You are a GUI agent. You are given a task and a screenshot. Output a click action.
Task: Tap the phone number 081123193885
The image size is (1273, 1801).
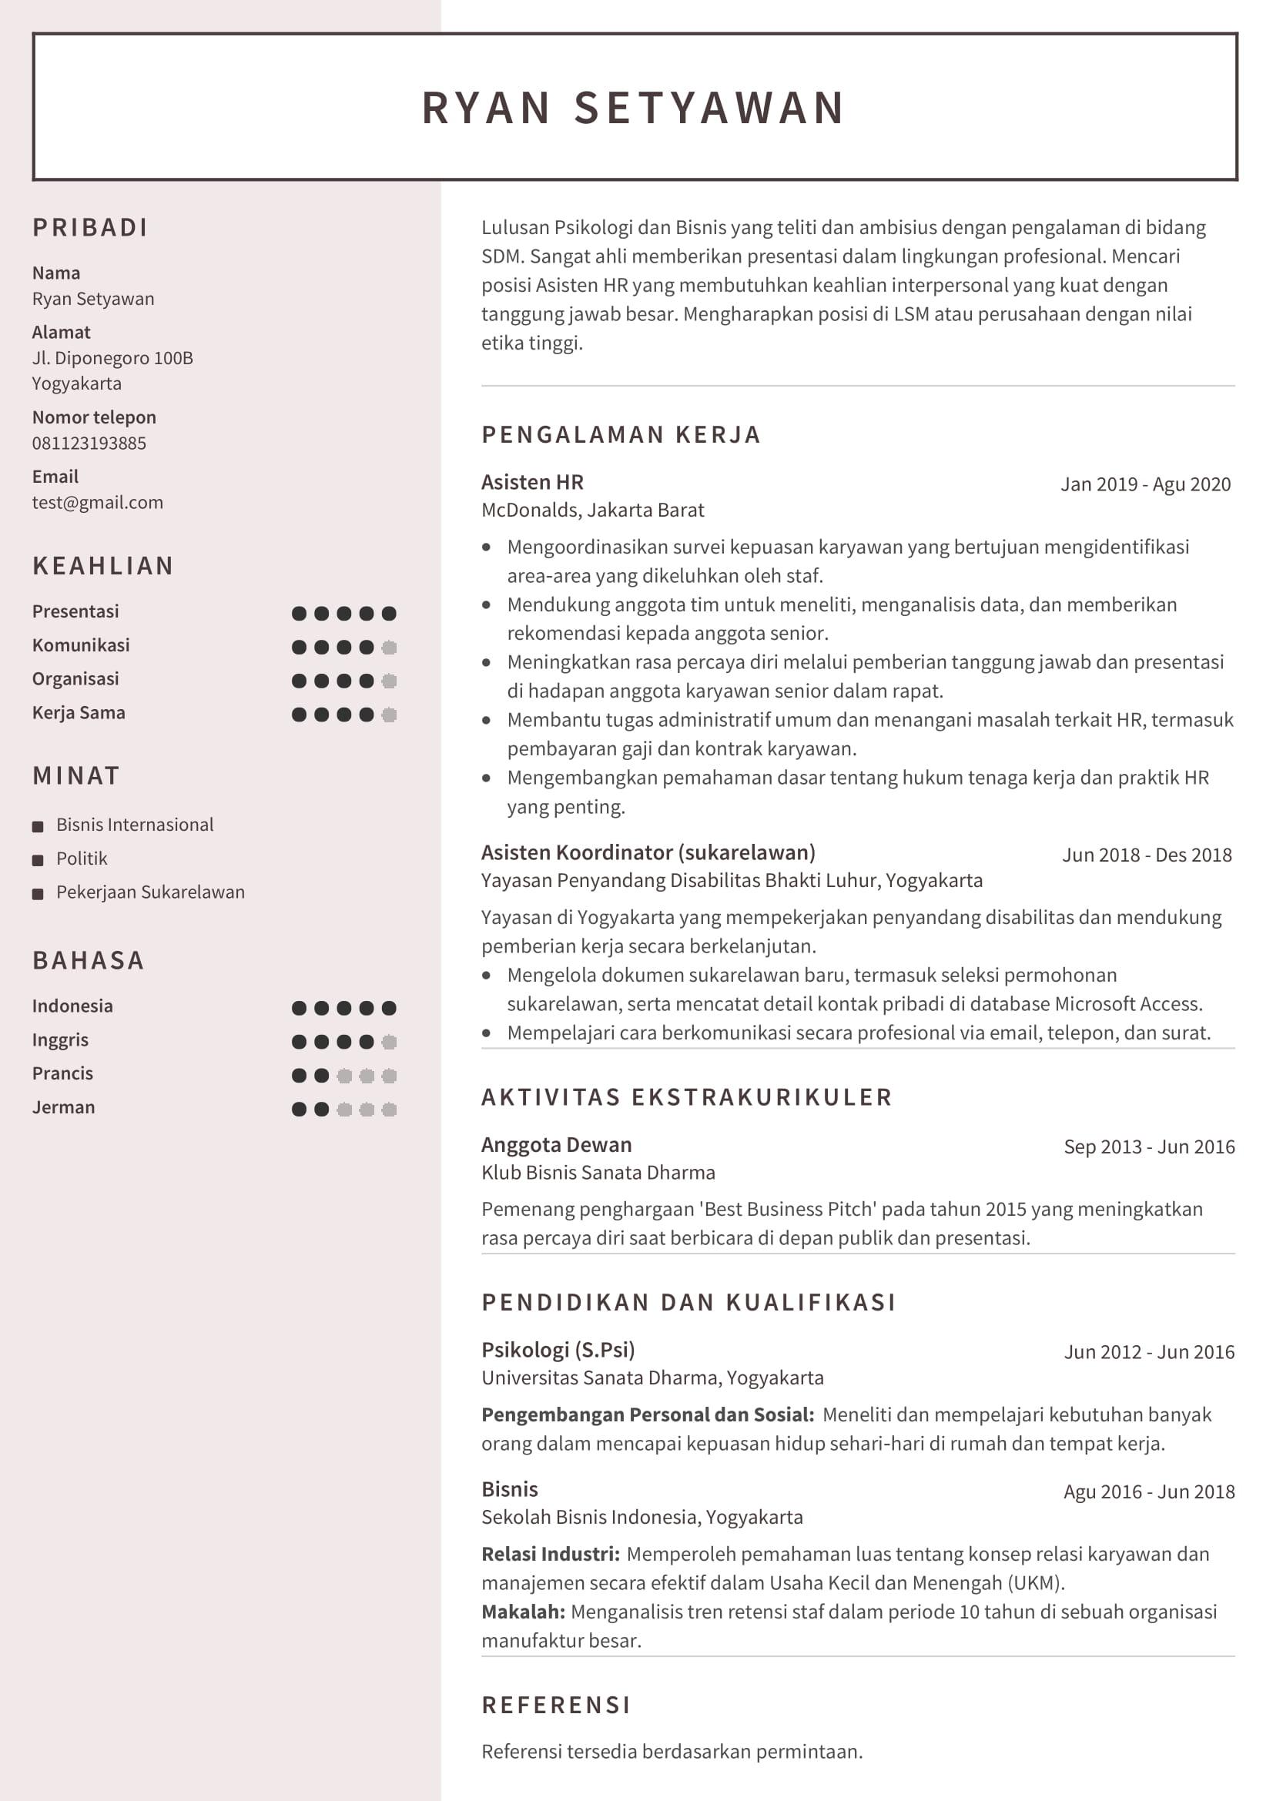(x=89, y=444)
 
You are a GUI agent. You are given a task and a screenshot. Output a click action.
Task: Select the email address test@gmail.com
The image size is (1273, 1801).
(x=97, y=503)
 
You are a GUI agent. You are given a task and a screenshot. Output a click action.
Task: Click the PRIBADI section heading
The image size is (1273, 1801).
(x=90, y=227)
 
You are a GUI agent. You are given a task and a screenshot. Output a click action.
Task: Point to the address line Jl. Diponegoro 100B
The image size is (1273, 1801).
(x=112, y=359)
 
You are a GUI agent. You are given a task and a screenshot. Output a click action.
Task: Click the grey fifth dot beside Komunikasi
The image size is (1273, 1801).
(x=389, y=647)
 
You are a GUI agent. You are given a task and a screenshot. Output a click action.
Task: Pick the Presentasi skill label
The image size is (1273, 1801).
(x=75, y=612)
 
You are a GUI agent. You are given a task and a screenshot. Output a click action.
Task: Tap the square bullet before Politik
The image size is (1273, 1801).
(x=38, y=861)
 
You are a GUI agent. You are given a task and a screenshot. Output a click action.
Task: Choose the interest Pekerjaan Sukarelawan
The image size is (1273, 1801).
(x=150, y=892)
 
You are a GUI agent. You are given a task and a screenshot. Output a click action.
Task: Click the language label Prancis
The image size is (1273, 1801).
(x=62, y=1074)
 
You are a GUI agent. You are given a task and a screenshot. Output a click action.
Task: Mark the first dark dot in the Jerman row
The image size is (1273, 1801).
(x=299, y=1109)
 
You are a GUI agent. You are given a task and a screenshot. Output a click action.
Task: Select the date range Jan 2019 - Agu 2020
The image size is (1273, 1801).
(x=1145, y=485)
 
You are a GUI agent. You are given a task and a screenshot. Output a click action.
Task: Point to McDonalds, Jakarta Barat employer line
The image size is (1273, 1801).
(x=592, y=511)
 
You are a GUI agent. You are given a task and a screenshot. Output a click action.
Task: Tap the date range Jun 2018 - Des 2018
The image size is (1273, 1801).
(x=1147, y=855)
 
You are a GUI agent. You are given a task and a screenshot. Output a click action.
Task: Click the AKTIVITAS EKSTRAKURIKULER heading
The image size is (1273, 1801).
(x=686, y=1097)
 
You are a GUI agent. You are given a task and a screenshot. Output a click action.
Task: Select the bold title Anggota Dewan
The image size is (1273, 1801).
(x=556, y=1145)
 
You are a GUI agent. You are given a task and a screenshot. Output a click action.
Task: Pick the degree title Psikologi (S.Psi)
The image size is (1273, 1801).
(x=558, y=1350)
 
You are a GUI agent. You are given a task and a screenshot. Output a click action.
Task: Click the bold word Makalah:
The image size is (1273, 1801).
(x=522, y=1612)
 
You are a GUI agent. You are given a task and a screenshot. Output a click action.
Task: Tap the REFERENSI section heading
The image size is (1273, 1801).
(x=556, y=1705)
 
